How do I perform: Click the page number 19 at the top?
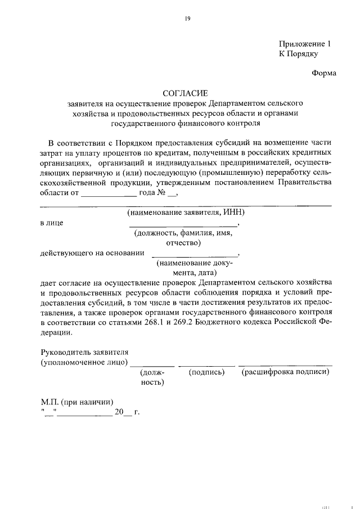(x=188, y=19)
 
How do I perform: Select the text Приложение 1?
(x=302, y=44)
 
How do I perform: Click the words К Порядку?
(x=299, y=54)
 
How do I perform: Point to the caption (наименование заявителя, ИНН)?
(x=186, y=212)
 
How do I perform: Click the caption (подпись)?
(x=206, y=372)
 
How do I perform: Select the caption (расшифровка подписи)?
(x=285, y=372)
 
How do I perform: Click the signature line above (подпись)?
(x=206, y=366)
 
